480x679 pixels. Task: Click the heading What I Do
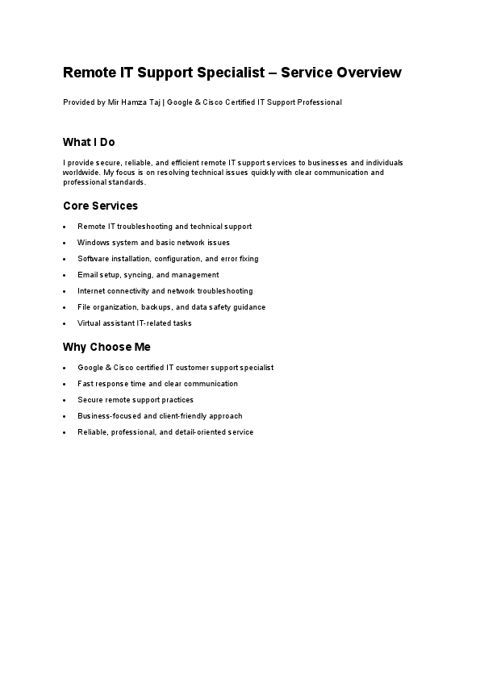[x=89, y=142]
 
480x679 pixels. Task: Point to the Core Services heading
[x=100, y=206]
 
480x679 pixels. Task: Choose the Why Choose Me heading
[x=106, y=347]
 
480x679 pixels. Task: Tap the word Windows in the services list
[x=91, y=243]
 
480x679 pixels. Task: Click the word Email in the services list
[x=86, y=275]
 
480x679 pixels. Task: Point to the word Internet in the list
[x=90, y=291]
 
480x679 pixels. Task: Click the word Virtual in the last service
[x=89, y=323]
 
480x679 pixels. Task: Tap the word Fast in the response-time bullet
[x=85, y=384]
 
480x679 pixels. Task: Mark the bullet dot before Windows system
[x=65, y=243]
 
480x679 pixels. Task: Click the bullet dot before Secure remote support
[x=65, y=400]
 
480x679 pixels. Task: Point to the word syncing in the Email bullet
[x=138, y=275]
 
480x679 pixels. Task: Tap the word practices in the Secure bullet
[x=177, y=400]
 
